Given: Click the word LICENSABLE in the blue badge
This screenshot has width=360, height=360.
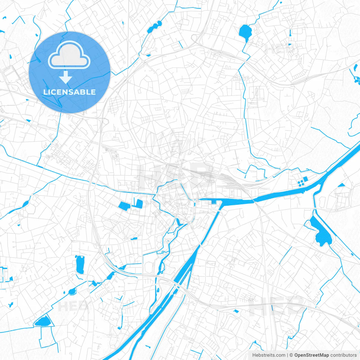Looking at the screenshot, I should pos(69,92).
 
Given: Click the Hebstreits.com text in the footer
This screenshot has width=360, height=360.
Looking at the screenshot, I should pos(269,355).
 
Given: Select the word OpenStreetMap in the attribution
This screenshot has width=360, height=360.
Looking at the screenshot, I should pos(311,355).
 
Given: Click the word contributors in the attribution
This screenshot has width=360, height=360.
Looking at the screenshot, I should pos(343,355).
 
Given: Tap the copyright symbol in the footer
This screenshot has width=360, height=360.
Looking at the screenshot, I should pos(291,355).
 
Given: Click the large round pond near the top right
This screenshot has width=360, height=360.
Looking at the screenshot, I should pos(246,32).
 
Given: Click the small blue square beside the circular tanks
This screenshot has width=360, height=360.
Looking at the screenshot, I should pos(305,179).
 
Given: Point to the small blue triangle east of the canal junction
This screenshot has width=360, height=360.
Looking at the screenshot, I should pos(341,185).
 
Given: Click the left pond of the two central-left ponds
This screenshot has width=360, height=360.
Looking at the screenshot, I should pos(124,206).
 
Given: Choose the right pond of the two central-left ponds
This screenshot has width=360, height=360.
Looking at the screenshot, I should pos(138,203).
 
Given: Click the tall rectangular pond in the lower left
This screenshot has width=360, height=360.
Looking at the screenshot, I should pos(80,264).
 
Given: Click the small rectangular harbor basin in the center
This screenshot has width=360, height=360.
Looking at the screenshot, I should pos(214,202).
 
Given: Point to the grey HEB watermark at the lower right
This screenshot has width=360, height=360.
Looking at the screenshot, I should pos(277,307).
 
